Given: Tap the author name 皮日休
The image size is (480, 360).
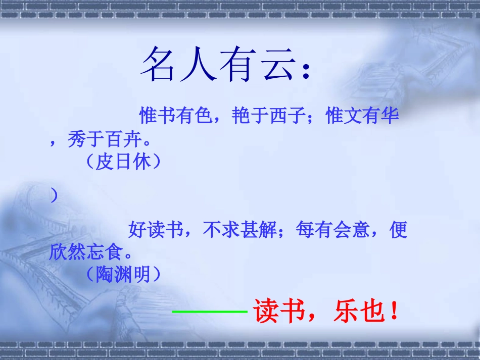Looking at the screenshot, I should pyautogui.click(x=124, y=163).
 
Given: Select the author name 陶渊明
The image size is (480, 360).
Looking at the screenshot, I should pyautogui.click(x=124, y=274).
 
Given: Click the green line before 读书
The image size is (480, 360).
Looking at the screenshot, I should pyautogui.click(x=210, y=312).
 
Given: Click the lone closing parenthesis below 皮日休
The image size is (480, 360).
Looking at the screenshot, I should pyautogui.click(x=54, y=196).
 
